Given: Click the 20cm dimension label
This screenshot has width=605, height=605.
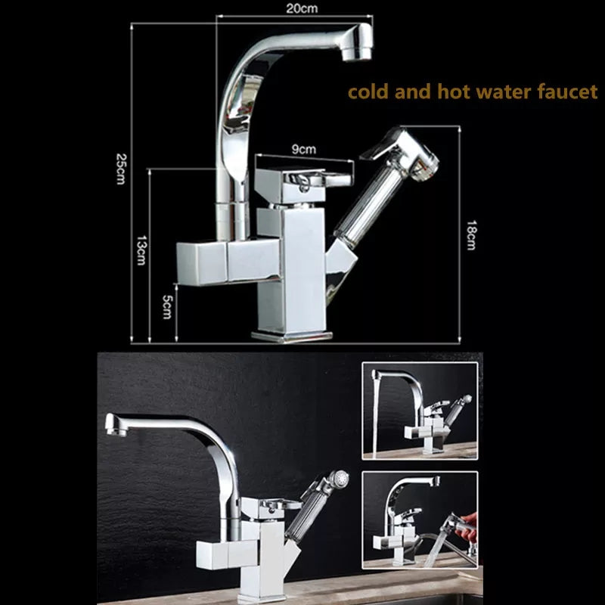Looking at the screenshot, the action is click(x=302, y=8).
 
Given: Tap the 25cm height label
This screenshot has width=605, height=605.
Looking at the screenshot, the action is click(x=121, y=169).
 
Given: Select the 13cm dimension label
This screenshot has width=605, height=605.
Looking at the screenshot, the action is click(x=141, y=250).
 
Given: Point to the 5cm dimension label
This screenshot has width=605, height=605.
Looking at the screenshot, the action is click(x=166, y=307).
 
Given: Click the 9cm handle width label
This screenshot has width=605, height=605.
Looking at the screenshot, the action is click(x=304, y=149).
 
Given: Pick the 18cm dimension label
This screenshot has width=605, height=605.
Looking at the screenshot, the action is click(x=471, y=235).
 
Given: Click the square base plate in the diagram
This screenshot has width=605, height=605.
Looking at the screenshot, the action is click(x=292, y=337).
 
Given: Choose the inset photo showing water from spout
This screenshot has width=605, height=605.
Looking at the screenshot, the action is click(x=420, y=411).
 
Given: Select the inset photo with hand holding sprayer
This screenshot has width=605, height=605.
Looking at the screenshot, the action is click(x=420, y=520).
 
